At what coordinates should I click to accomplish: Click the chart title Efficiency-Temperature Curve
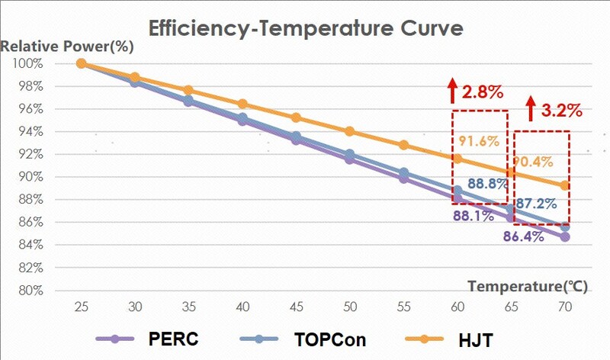click(305, 29)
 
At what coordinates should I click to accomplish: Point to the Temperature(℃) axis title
click(525, 287)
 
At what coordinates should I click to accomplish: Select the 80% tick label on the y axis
click(28, 291)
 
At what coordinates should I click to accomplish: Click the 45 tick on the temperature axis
click(297, 307)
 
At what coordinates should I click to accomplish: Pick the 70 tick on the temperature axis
click(565, 307)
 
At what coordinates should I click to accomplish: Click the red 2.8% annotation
click(483, 93)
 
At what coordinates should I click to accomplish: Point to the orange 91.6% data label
click(479, 141)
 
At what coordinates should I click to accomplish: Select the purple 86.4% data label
click(523, 236)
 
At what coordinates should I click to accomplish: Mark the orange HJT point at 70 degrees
click(565, 185)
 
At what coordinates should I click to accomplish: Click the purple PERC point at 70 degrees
click(565, 237)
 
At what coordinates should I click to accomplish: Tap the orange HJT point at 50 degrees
click(350, 131)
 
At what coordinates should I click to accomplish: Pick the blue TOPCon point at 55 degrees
click(404, 173)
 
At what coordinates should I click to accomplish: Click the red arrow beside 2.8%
click(451, 90)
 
